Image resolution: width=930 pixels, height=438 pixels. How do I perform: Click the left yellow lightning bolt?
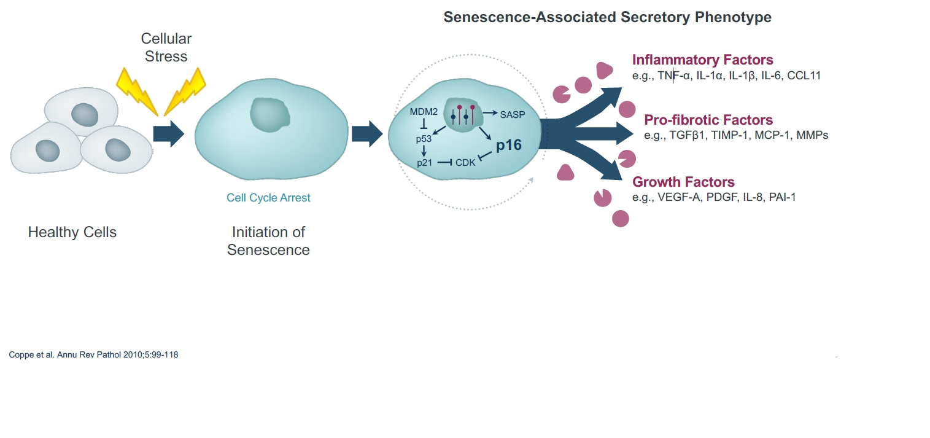[137, 92]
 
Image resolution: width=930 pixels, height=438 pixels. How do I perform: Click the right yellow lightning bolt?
[185, 92]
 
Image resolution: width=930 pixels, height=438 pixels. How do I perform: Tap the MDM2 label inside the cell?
[424, 112]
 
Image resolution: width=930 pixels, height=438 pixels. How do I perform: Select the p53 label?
[424, 139]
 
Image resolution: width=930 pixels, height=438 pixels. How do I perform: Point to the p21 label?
[424, 163]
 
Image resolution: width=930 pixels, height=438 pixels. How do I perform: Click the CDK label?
[465, 163]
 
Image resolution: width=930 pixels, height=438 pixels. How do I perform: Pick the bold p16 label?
[509, 145]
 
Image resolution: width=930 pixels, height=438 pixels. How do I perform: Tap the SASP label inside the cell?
[513, 115]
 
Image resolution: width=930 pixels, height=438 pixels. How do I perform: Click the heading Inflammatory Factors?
[702, 60]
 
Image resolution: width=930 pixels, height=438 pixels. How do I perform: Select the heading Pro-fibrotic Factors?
[708, 120]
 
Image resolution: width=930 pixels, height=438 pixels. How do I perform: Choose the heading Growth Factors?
[683, 182]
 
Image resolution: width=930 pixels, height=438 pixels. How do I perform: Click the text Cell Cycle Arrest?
[268, 198]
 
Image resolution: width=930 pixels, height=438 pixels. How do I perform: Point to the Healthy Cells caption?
[72, 232]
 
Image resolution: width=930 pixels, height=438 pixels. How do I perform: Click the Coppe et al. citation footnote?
[93, 355]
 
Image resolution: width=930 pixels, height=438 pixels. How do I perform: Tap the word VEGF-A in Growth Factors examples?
[679, 197]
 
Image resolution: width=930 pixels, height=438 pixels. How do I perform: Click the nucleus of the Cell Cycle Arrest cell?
[270, 115]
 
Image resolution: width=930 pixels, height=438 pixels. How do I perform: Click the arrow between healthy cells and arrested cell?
[169, 134]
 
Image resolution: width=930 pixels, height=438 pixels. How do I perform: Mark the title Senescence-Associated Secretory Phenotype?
[607, 17]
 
